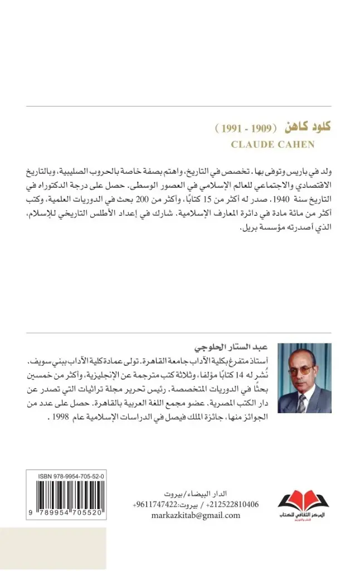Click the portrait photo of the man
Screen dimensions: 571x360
tap(304, 379)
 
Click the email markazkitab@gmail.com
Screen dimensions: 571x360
tap(196, 515)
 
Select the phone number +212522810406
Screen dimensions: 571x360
tap(233, 505)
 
